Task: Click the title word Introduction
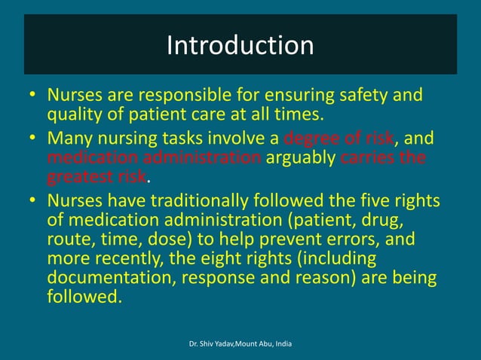(240, 46)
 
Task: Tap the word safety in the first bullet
(359, 96)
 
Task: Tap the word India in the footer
(281, 344)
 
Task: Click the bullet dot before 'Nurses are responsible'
(33, 96)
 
